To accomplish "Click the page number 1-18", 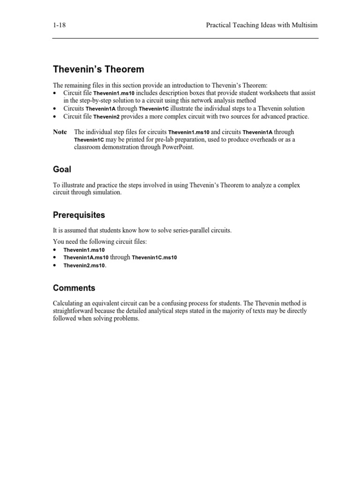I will [59, 25].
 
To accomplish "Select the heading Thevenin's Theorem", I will [98, 70].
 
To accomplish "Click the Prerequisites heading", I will [79, 215].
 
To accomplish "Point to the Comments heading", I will [74, 288].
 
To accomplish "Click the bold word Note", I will [60, 132].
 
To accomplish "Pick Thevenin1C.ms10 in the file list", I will [154, 258].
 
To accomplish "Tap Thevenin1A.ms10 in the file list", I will [86, 258].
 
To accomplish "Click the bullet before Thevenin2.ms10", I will [55, 265].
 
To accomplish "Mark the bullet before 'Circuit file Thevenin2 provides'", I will [55, 116].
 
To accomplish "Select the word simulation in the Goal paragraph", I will [108, 192].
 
